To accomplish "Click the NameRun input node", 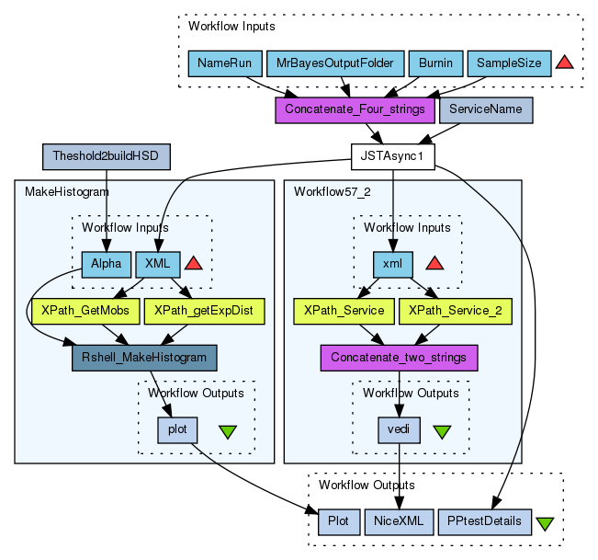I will [224, 63].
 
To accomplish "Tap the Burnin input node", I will [434, 63].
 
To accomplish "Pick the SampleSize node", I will [509, 63].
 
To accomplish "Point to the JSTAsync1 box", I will [393, 156].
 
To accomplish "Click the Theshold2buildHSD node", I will [107, 156].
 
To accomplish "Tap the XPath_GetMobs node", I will [85, 311].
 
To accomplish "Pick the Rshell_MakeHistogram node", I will [143, 358].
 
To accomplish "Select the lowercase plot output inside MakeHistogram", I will [177, 429].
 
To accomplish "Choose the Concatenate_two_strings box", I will [399, 357].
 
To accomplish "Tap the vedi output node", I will [399, 429].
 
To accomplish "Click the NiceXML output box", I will [399, 521].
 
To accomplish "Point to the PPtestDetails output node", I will [485, 521].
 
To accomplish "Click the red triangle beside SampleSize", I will [565, 63].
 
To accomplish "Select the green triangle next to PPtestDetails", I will [545, 523].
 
